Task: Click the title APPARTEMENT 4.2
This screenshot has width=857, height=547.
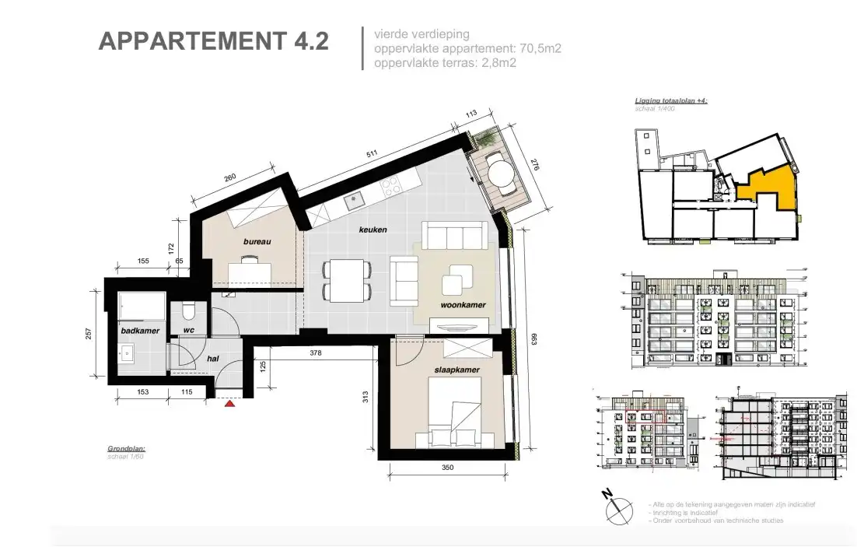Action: click(x=213, y=41)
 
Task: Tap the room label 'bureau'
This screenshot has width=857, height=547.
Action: click(x=257, y=242)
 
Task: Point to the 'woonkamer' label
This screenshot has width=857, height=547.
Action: click(x=463, y=306)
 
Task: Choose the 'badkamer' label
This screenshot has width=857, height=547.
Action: click(x=140, y=331)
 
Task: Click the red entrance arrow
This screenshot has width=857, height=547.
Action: click(x=229, y=404)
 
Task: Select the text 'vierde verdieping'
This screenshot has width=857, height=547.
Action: click(x=421, y=34)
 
